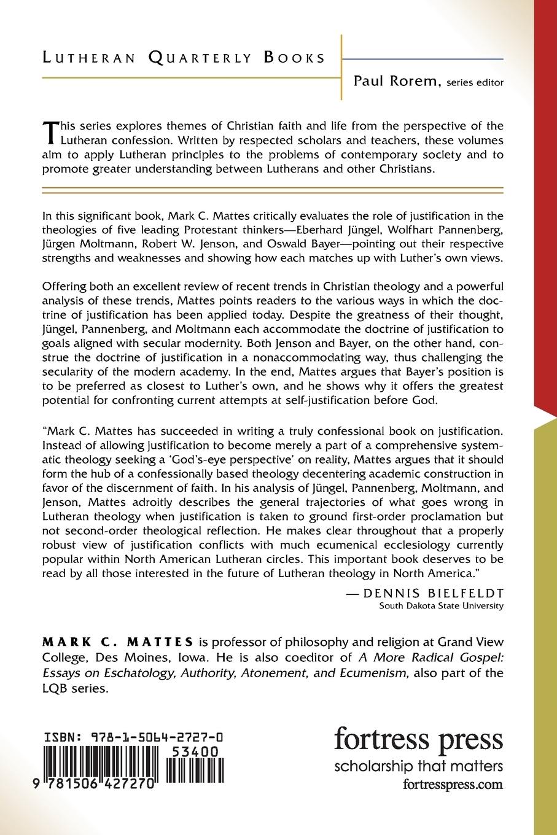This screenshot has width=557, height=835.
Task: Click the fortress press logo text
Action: point(418,740)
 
